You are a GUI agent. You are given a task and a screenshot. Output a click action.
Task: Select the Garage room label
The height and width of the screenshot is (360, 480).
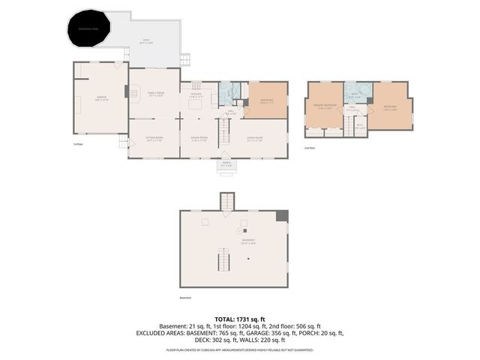(100, 98)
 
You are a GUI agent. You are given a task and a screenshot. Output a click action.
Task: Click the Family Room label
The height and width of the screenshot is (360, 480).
(155, 94)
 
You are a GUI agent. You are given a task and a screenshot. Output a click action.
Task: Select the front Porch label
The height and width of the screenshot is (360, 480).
(226, 163)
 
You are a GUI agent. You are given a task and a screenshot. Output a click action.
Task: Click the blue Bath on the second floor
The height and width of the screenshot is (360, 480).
(356, 93)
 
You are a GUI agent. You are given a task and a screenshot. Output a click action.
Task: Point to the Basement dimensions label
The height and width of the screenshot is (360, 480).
(249, 242)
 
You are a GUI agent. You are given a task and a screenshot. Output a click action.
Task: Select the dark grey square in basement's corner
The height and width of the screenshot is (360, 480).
(282, 216)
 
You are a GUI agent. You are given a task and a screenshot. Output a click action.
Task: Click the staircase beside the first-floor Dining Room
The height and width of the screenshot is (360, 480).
(222, 133)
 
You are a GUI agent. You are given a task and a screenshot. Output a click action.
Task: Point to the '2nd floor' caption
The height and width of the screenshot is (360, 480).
(311, 148)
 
